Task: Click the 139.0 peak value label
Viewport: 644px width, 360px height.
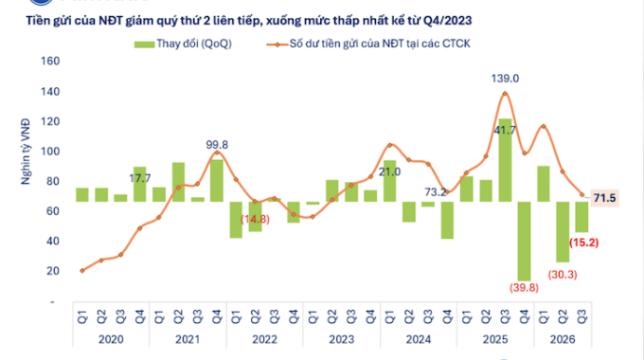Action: point(505,79)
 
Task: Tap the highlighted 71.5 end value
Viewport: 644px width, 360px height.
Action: point(604,199)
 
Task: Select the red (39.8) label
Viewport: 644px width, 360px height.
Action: point(524,288)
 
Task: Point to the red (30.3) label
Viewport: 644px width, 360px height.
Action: point(563,275)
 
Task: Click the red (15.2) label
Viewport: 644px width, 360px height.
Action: point(583,243)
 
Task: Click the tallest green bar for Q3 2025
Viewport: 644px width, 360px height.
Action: point(505,160)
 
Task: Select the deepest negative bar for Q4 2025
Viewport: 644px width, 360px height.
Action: point(524,242)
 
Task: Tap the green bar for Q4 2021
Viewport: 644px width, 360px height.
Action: point(217,181)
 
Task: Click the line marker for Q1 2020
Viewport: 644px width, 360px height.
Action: point(82,271)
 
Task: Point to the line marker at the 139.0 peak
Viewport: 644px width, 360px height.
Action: point(505,93)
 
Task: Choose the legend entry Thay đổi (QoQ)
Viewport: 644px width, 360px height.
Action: point(183,44)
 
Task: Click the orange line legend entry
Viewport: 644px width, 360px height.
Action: point(368,44)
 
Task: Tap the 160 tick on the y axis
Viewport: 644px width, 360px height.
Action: point(50,62)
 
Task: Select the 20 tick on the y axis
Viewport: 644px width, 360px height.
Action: point(53,271)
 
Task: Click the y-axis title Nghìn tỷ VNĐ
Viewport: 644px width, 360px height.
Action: point(26,152)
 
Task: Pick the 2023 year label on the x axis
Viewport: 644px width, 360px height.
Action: point(341,339)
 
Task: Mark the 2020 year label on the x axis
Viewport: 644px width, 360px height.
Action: point(111,339)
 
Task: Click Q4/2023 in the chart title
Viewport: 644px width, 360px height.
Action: point(447,21)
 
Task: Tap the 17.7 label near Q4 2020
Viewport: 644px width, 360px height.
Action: point(139,179)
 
